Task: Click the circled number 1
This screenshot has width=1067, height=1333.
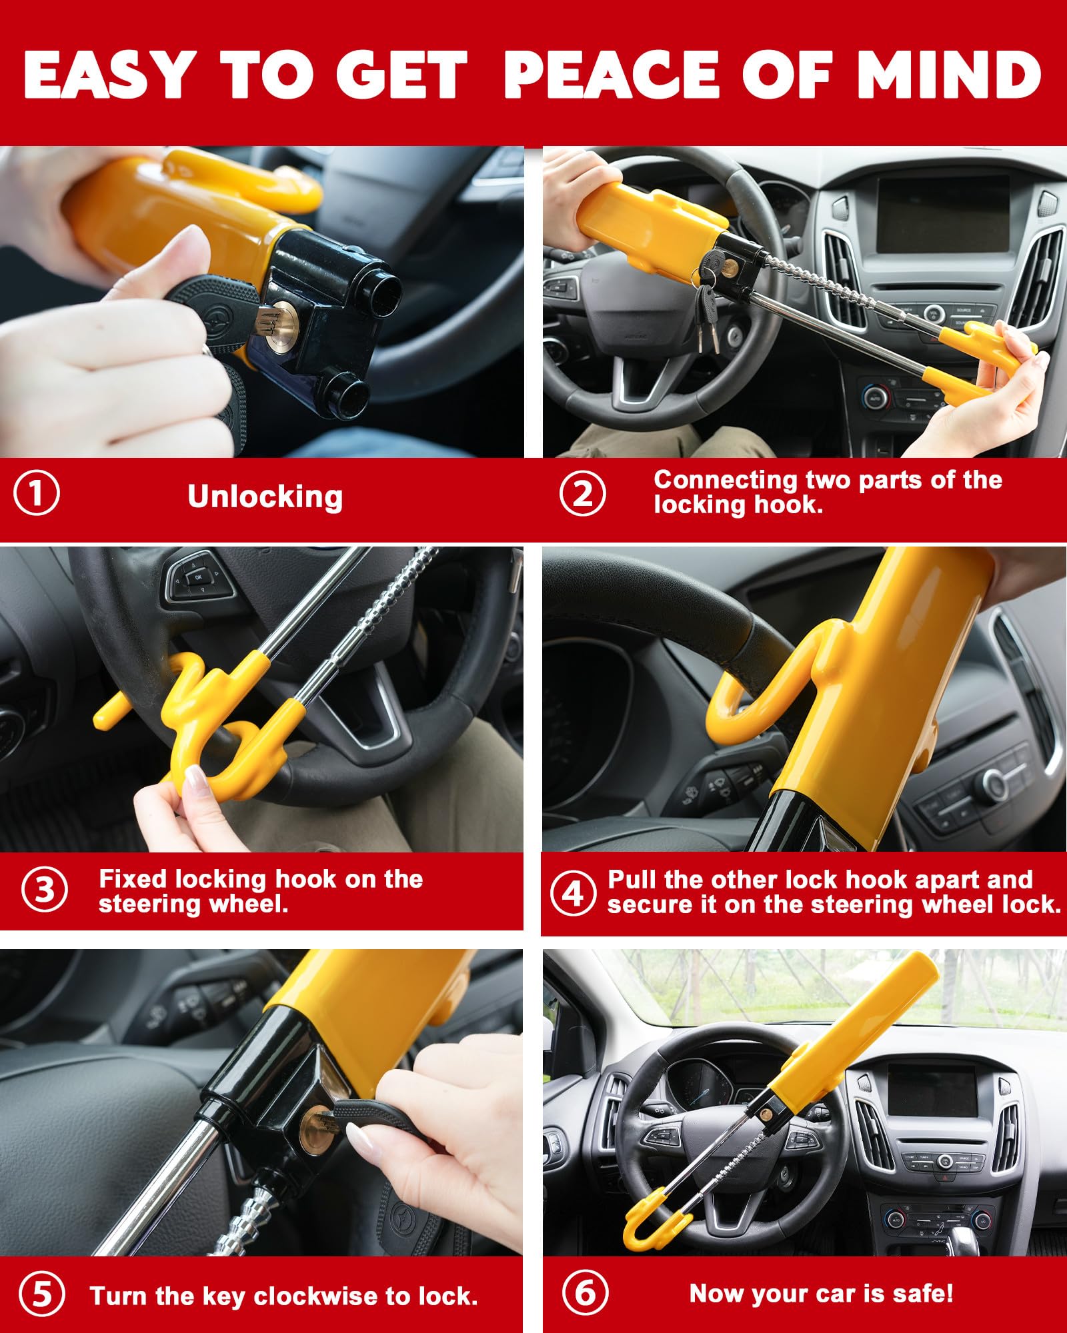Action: tap(37, 494)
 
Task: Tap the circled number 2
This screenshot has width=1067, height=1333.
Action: tap(582, 494)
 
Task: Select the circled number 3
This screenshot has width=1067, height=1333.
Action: tap(44, 890)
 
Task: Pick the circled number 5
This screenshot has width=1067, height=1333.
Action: tap(42, 1294)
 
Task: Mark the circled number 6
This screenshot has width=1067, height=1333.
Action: tap(585, 1293)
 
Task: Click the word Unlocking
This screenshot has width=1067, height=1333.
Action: tap(265, 497)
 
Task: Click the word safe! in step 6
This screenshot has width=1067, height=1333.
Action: tap(923, 1294)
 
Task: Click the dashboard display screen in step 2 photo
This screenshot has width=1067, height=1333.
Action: tap(942, 215)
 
